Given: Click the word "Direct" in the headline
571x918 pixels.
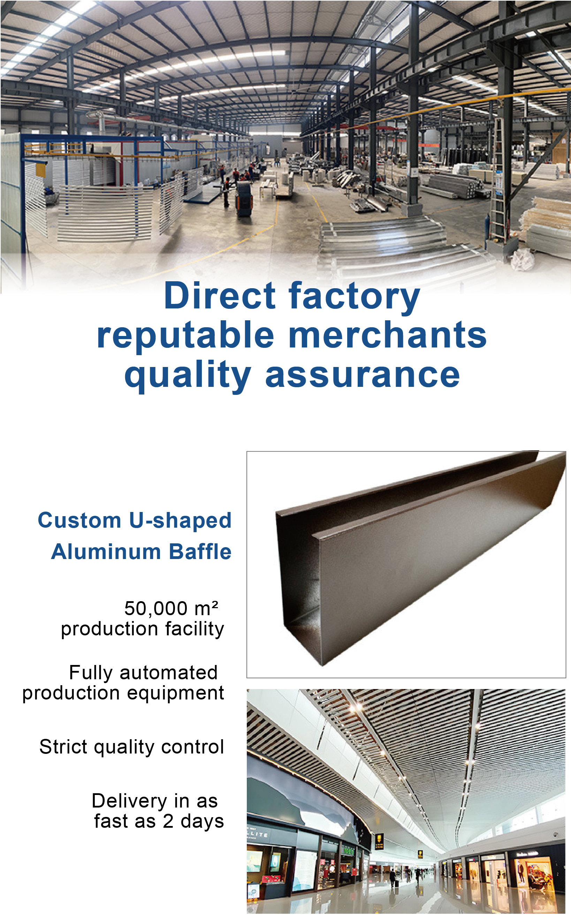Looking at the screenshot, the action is click(x=220, y=296).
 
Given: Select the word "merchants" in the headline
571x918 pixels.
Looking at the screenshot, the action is click(x=388, y=335).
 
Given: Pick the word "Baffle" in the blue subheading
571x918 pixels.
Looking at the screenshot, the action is click(x=200, y=551).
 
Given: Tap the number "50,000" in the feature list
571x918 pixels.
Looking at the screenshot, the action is click(x=156, y=609).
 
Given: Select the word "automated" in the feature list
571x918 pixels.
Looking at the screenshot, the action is click(x=168, y=673).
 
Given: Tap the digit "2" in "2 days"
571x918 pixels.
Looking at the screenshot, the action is click(x=168, y=821).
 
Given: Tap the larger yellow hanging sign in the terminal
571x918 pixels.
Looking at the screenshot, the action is click(x=379, y=840).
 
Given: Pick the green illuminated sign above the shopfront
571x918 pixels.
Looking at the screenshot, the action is click(x=348, y=851).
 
